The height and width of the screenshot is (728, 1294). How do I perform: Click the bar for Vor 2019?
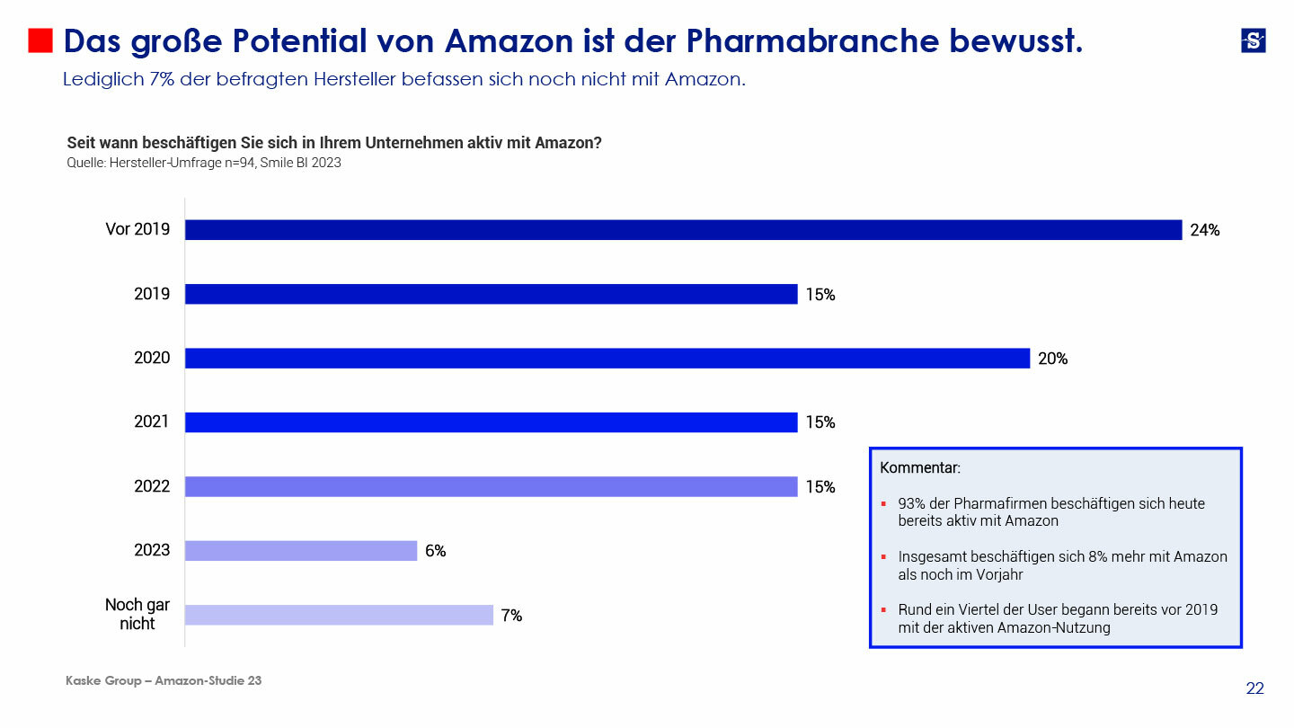(683, 230)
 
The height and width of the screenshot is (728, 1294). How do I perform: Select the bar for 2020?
(607, 359)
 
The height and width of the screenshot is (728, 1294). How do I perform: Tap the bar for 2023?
(301, 551)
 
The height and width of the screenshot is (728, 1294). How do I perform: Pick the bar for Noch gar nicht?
(339, 615)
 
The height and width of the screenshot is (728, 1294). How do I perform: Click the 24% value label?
(1204, 230)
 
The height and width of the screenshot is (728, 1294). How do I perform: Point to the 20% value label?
(1052, 359)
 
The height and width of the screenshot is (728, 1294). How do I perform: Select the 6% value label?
(435, 551)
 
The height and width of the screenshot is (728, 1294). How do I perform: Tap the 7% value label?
(511, 616)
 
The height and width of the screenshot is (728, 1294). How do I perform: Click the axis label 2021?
(152, 422)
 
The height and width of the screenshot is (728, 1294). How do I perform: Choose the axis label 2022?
(152, 486)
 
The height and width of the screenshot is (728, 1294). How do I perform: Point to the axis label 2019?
(152, 294)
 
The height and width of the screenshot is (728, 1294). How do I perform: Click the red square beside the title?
(40, 40)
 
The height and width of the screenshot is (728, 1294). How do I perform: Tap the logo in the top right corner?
(1253, 40)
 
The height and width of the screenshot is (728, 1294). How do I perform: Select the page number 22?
(1254, 688)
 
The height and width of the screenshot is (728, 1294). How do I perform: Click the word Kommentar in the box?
(919, 468)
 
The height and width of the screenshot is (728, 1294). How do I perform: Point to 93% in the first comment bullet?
(912, 504)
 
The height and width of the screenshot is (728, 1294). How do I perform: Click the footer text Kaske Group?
(103, 681)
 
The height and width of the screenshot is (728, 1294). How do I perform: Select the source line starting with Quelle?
(203, 164)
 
